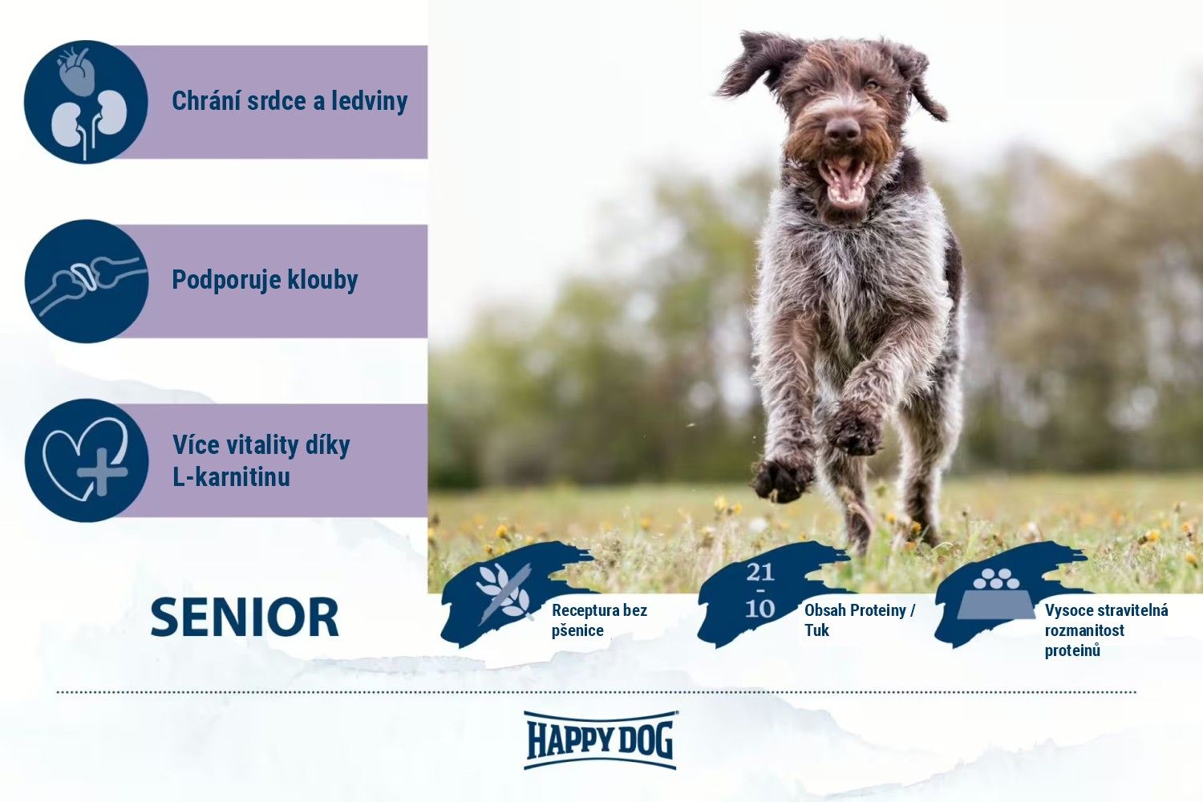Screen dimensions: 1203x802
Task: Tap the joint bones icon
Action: click(x=87, y=281)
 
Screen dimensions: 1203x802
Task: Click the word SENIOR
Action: click(x=245, y=618)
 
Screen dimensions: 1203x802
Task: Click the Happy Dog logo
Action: click(x=601, y=740)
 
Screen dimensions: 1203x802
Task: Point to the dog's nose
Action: click(x=841, y=129)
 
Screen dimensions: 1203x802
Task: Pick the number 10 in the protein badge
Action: click(x=760, y=609)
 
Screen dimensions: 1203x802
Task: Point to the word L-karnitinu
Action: click(x=232, y=476)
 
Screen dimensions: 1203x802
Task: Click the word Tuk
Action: click(x=817, y=630)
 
